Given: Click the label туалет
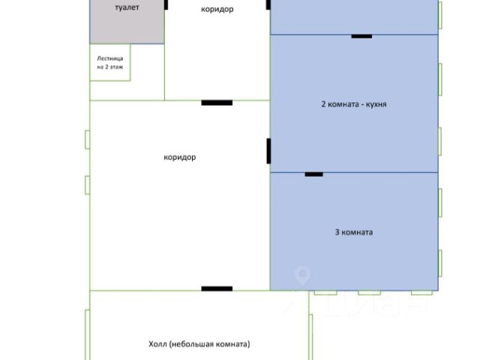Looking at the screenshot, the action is coord(127,7).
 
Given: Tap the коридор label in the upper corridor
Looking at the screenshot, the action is coord(217,9).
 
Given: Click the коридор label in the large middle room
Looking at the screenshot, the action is coord(179,157).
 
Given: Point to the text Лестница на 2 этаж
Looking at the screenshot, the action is coord(110,63).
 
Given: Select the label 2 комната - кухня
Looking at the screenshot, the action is coord(353,104).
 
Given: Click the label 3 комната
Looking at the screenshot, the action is coord(353,232).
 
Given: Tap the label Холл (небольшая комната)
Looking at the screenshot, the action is coord(199,344).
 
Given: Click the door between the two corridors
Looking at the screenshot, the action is coord(217,102).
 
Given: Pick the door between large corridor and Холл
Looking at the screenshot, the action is coord(217,289).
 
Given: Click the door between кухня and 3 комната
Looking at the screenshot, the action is coord(313,174).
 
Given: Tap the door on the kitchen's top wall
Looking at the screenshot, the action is coord(361,35).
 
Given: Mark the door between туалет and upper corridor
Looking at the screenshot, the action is coord(166,4).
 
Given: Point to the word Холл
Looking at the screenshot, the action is coord(157,344).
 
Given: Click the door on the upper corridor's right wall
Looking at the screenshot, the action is coord(268,4).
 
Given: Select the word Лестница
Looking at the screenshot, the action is coord(110,58).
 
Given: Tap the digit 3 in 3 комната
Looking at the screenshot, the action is coord(337,232).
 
